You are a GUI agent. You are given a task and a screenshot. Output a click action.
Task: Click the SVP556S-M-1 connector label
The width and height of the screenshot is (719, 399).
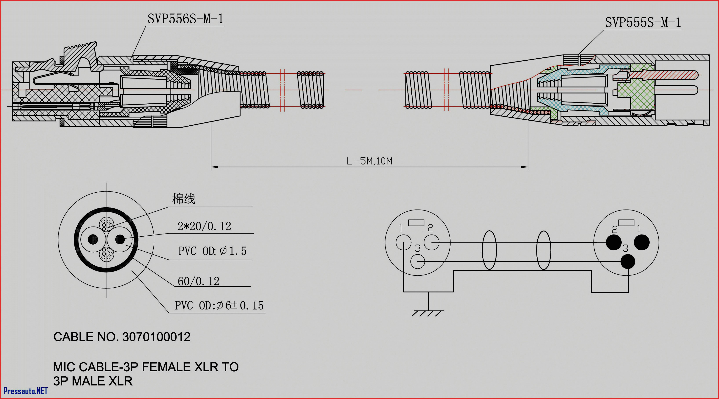(x=185, y=19)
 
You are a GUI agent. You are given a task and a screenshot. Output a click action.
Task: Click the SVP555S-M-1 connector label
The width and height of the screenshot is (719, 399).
(x=643, y=22)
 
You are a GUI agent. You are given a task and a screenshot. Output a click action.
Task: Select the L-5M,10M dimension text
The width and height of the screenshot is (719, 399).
(x=369, y=161)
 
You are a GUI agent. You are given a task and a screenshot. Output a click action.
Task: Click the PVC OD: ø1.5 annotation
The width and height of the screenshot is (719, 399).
(x=212, y=251)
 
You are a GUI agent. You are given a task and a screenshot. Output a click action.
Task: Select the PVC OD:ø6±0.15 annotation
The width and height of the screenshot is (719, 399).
(x=219, y=306)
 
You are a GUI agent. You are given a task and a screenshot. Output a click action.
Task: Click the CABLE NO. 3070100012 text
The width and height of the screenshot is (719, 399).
(x=122, y=337)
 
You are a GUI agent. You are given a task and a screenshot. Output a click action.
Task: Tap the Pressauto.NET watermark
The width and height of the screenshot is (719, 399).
(x=25, y=391)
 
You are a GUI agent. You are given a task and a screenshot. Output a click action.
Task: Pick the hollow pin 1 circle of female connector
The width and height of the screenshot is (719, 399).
(x=403, y=242)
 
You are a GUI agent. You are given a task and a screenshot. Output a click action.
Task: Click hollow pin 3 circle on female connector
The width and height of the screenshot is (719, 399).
(x=418, y=262)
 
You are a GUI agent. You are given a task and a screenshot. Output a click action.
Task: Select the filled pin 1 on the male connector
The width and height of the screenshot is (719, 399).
(x=642, y=242)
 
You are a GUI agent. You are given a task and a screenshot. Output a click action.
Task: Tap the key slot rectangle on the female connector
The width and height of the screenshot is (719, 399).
(x=416, y=223)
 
